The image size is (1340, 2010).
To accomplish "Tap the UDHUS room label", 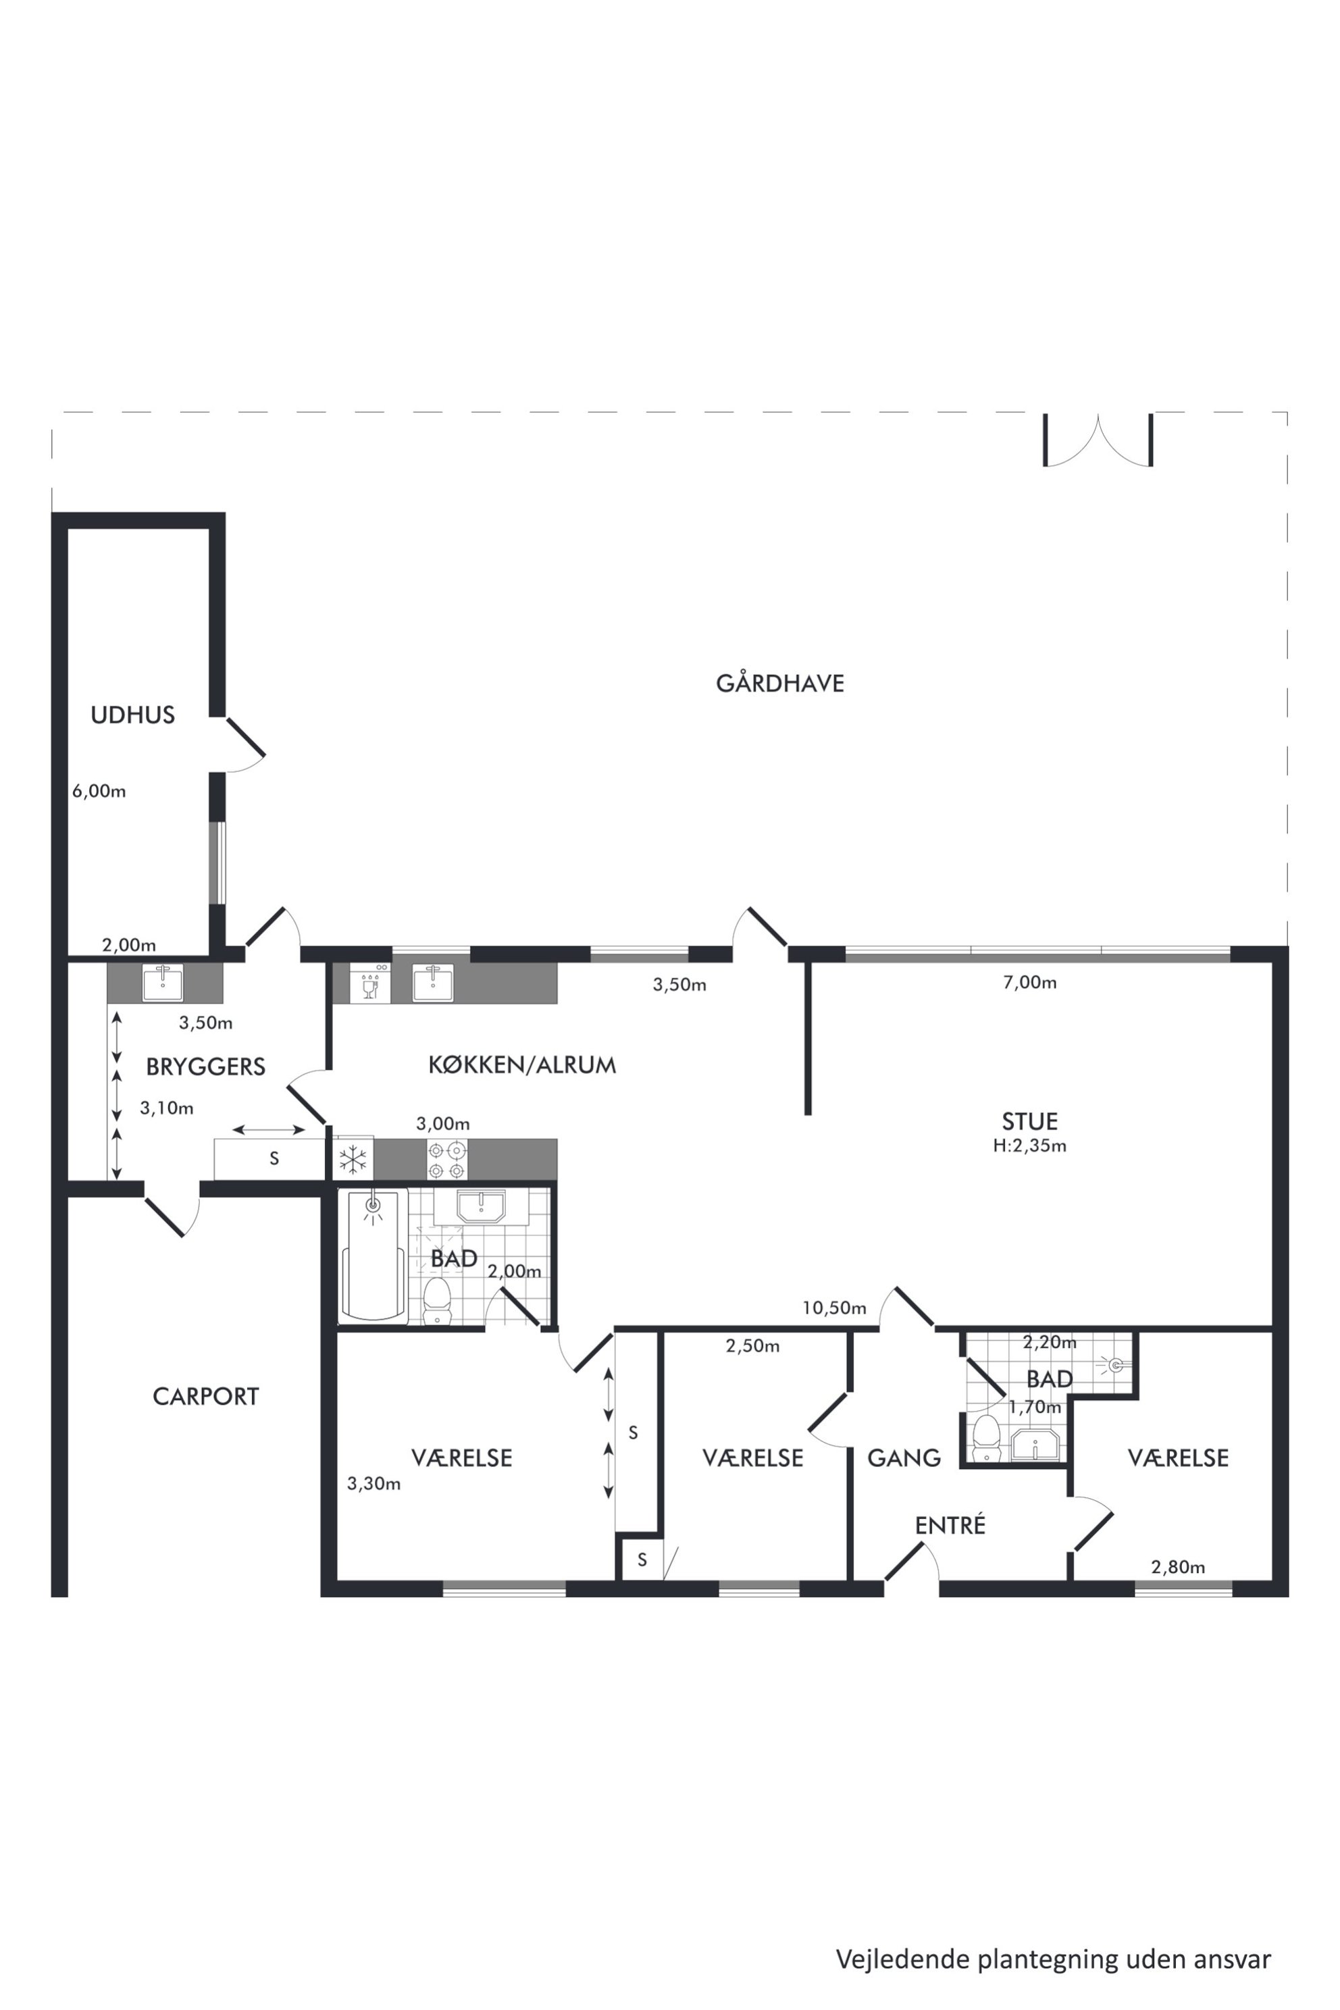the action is tap(132, 715).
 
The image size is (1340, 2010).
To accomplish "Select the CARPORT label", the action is tap(205, 1397).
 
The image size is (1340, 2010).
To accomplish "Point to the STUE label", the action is tap(1030, 1120).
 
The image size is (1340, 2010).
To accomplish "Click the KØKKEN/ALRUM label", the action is tap(522, 1065).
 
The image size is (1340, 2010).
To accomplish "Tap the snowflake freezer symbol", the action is tap(353, 1160).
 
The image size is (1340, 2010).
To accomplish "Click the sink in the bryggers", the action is tap(161, 983).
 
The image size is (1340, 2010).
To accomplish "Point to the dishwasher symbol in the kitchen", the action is tap(370, 983).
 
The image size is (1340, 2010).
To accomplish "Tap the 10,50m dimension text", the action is tap(834, 1308).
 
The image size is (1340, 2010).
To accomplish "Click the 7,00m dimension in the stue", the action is tap(1030, 983).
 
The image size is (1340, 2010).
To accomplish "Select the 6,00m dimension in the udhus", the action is tap(99, 792).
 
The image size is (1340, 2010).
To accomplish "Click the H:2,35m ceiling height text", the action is tap(1030, 1146).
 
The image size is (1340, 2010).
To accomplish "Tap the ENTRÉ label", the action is tap(950, 1526).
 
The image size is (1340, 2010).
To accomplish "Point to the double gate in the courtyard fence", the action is tap(1098, 440).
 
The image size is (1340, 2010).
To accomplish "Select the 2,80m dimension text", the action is tap(1179, 1568).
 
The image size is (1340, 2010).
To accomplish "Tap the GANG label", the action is tap(904, 1458).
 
